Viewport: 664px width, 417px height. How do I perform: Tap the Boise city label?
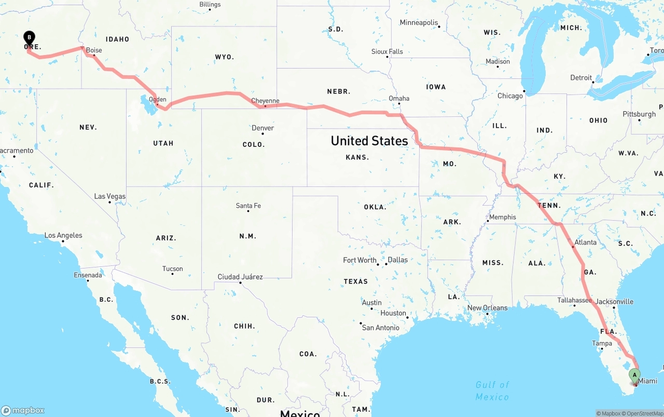point(94,50)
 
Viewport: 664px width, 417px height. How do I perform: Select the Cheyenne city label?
point(265,101)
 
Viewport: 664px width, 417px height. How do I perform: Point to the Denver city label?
point(262,128)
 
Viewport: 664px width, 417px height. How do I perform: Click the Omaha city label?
point(399,98)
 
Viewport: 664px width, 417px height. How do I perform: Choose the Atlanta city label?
point(586,242)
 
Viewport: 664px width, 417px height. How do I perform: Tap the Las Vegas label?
point(109,196)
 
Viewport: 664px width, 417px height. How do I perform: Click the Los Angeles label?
point(63,235)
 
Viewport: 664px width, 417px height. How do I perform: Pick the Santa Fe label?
point(248,206)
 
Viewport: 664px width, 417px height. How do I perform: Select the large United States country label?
point(369,141)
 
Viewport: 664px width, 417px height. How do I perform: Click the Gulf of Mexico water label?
point(492,391)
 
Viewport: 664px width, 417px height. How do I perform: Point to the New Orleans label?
point(487,307)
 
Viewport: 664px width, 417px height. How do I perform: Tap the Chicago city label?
point(510,96)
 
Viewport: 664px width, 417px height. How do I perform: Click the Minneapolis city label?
point(419,22)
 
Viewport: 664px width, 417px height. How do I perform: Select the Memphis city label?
point(502,217)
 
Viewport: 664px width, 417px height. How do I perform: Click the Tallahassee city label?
point(574,300)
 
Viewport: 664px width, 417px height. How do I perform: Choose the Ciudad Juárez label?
point(240,277)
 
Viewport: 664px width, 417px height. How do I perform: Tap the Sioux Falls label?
point(387,51)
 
